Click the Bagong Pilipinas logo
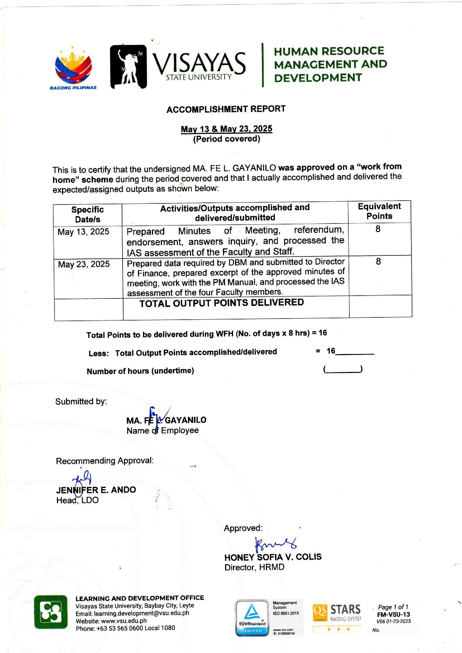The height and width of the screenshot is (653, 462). [73, 68]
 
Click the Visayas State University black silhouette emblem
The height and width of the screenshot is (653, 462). [128, 67]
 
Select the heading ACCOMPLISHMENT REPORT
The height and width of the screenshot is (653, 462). [226, 109]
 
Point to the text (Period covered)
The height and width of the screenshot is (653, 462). [227, 139]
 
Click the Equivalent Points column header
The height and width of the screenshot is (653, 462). [379, 211]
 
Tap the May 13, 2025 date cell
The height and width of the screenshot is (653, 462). [83, 232]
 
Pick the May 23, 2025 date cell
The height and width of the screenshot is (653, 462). [84, 264]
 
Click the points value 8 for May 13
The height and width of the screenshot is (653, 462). [378, 229]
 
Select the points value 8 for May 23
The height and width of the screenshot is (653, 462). [378, 262]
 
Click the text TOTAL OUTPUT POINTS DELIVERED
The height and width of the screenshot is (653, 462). [222, 303]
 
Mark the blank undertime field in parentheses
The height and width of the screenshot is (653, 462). [343, 370]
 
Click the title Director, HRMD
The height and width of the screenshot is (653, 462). [254, 567]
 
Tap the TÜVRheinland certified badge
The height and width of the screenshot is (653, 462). [251, 618]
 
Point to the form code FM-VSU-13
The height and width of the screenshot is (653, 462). [394, 615]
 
